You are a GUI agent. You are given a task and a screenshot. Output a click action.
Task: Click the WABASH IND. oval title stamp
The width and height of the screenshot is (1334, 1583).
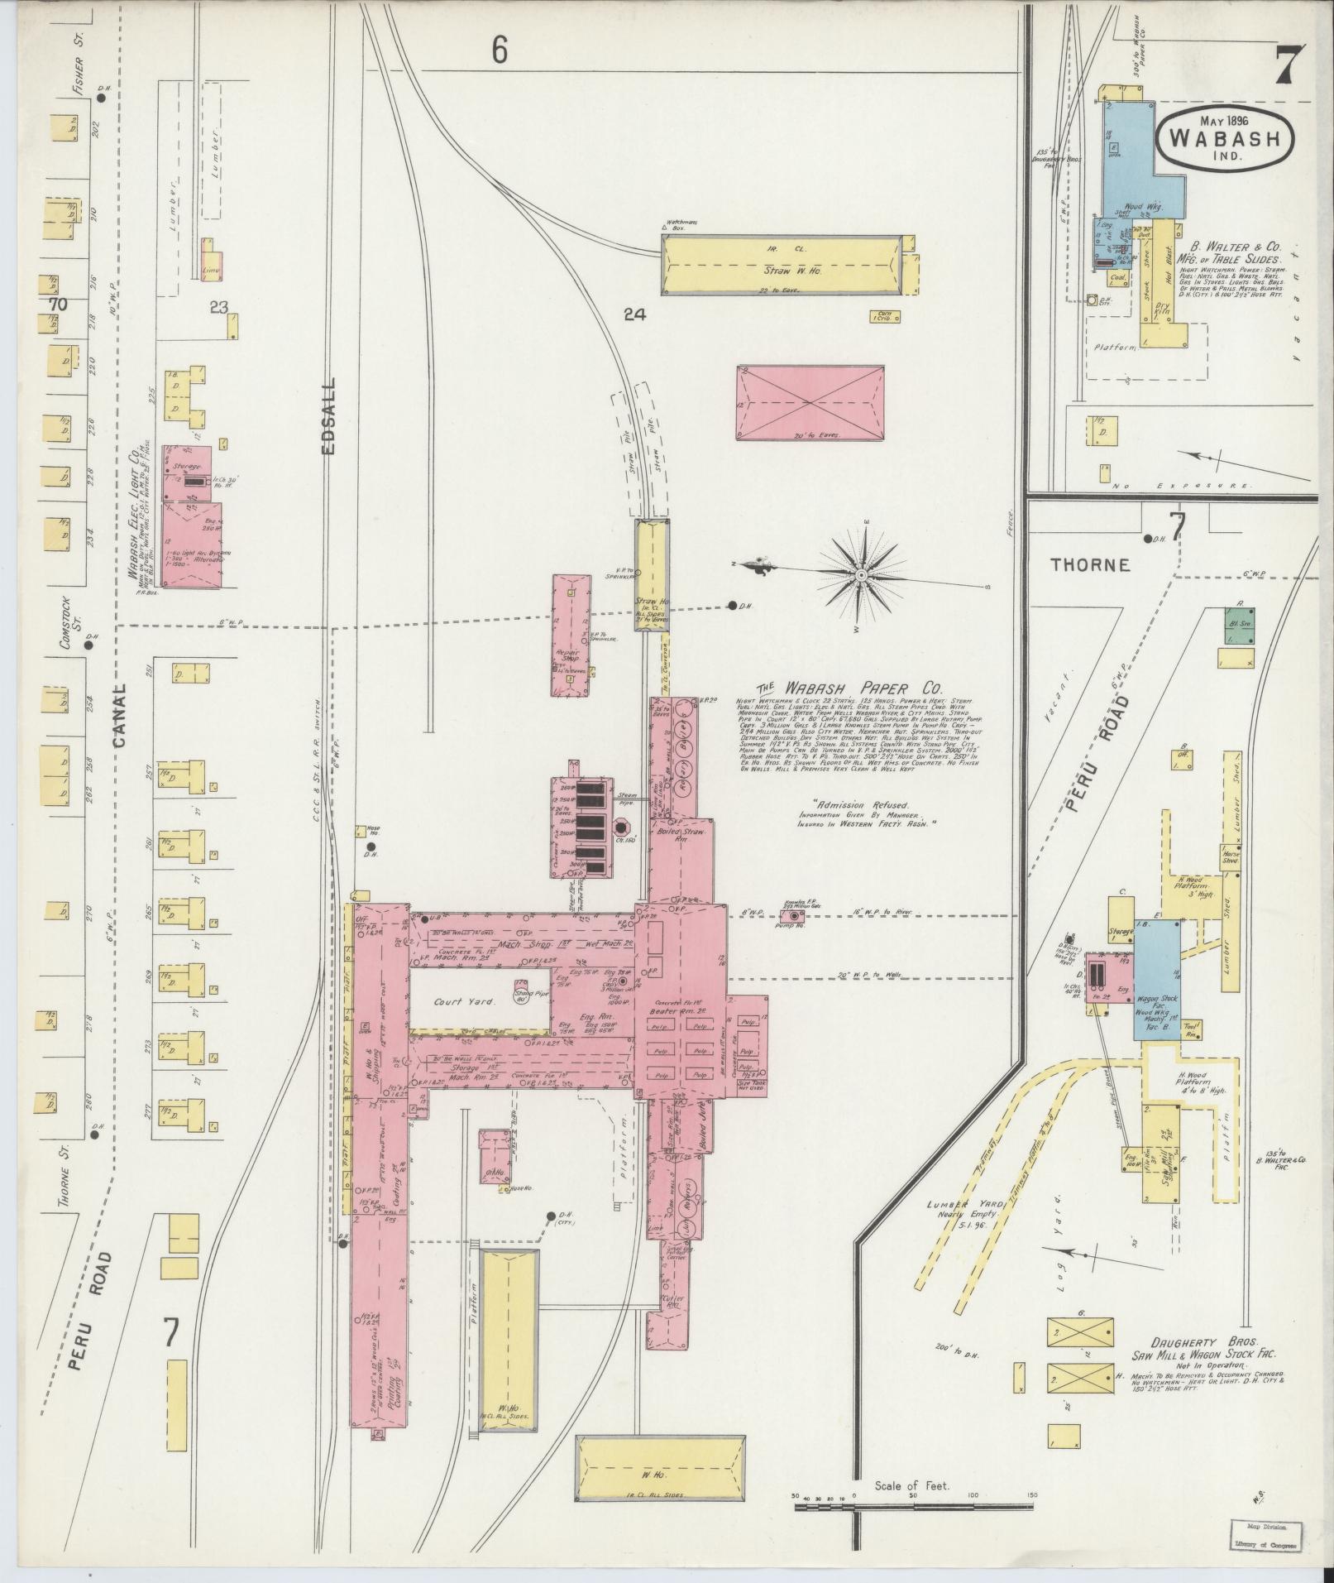click(1230, 137)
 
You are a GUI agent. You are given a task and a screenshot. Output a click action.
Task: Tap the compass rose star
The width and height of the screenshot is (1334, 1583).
click(861, 573)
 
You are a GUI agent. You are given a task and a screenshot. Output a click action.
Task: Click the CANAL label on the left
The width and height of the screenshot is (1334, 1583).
click(117, 717)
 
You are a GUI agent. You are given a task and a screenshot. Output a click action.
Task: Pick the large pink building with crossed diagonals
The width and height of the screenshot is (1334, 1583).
click(810, 403)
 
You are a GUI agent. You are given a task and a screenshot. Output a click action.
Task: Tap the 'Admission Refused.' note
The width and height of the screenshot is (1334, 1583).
click(860, 804)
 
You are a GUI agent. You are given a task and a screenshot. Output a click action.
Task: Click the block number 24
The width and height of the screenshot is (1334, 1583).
click(634, 314)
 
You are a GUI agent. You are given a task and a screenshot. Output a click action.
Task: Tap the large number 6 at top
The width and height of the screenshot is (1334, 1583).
click(499, 51)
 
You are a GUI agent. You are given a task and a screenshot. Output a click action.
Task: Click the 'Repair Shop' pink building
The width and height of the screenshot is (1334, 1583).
click(571, 636)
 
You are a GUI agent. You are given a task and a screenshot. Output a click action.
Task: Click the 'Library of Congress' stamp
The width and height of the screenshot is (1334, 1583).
click(1267, 1544)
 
